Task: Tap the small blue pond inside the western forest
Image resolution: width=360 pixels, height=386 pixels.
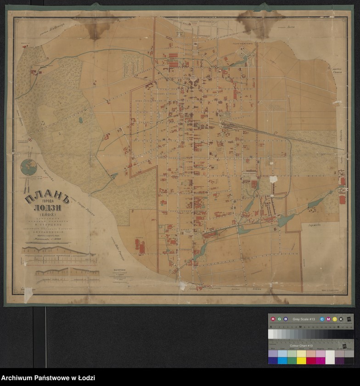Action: tap(81, 120)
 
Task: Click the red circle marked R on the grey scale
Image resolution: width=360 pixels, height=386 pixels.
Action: tap(273, 319)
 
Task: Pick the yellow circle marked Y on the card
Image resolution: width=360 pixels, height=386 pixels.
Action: tap(335, 319)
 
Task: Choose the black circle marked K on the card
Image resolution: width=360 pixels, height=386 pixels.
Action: tap(341, 319)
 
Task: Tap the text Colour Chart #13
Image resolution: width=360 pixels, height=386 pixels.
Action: tap(301, 346)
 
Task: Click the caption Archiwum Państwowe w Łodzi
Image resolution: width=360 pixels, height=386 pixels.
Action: tap(48, 378)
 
